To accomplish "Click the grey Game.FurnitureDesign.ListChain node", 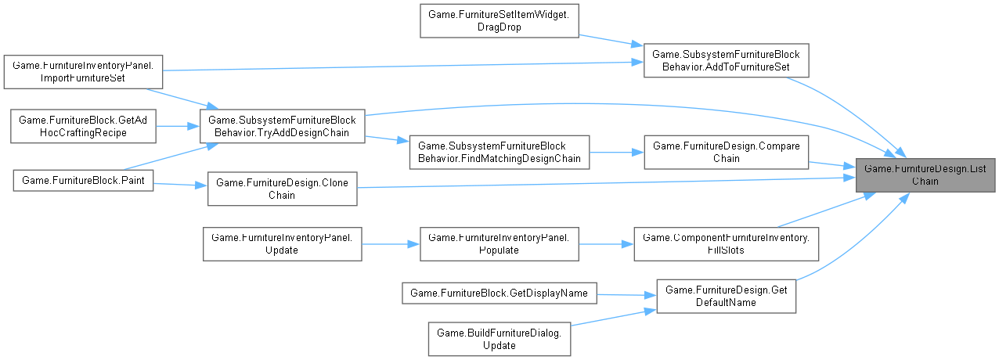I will coord(925,173).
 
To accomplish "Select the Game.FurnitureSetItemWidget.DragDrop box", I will coord(499,20).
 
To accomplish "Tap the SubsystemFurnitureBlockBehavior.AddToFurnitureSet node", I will coord(725,60).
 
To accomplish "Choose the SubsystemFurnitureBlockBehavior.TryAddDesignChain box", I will coord(283,127).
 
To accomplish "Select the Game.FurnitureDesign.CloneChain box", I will coord(282,189).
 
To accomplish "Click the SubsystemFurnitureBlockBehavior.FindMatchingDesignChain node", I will coord(499,151).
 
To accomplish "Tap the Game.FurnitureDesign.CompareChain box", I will coord(725,151).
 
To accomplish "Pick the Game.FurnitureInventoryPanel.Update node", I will coord(282,243).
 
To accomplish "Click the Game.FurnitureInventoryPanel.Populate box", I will coord(499,243).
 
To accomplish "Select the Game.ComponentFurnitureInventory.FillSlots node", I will coord(725,243).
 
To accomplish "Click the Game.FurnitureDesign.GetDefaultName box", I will coord(725,296).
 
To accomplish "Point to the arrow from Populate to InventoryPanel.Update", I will coord(391,243).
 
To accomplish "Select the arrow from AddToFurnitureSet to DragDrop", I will coord(610,41).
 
